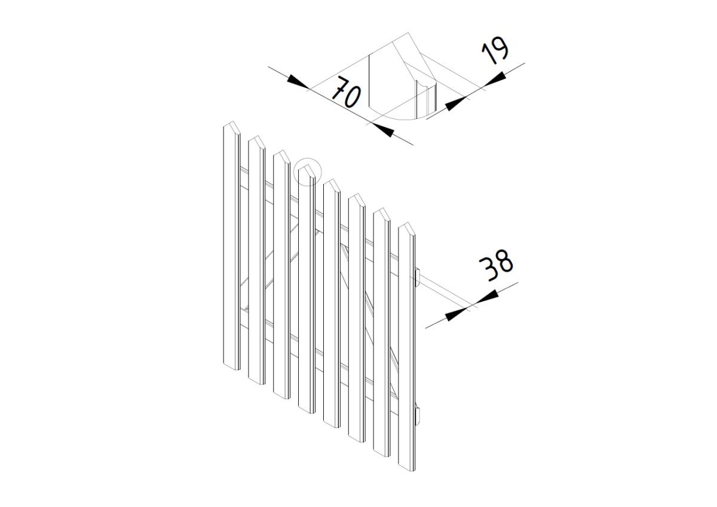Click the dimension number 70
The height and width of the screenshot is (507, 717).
(346, 92)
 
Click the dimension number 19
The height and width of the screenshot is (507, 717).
(495, 50)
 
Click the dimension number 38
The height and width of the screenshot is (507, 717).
(496, 265)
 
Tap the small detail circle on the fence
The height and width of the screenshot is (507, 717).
(307, 172)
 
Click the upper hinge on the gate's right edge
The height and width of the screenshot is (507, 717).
(417, 277)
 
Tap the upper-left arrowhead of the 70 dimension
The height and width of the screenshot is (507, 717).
(298, 82)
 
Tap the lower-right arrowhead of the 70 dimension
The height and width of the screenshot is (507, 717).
(383, 130)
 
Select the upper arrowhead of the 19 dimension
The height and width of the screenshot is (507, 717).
(495, 79)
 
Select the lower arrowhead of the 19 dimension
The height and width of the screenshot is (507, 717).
(456, 104)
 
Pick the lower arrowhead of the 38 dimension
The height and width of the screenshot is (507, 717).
(456, 314)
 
